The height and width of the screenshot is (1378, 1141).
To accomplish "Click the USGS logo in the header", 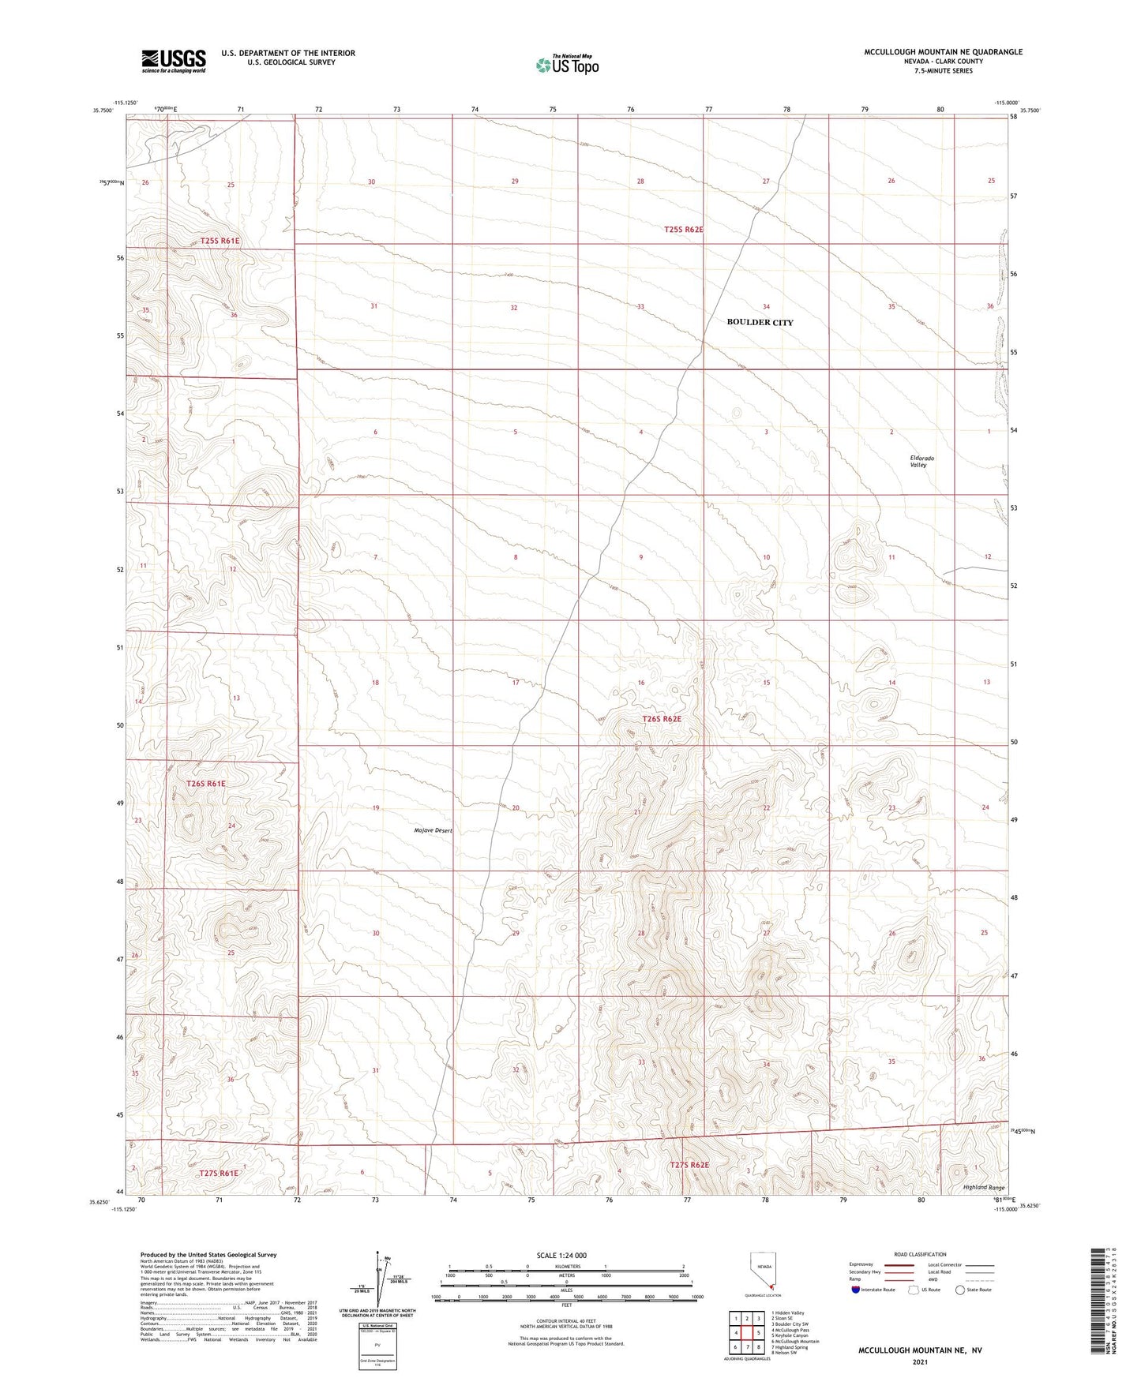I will (x=174, y=61).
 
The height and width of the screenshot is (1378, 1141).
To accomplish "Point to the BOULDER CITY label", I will (x=760, y=322).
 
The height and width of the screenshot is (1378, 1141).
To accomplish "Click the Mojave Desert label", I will (x=433, y=830).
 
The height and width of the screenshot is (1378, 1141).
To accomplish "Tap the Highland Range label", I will (x=984, y=1187).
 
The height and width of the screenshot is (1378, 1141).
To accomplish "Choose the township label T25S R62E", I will (x=683, y=230).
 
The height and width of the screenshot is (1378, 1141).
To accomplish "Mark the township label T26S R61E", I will (x=206, y=784).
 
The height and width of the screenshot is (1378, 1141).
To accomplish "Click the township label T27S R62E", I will (x=689, y=1165).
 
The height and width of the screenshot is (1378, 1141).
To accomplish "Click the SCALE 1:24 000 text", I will (x=561, y=1255).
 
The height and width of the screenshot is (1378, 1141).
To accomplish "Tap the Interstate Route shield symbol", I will (x=856, y=1290).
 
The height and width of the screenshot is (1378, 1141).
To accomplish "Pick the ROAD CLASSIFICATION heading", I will (x=920, y=1254).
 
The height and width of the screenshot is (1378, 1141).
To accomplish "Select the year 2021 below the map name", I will (x=920, y=1361).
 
